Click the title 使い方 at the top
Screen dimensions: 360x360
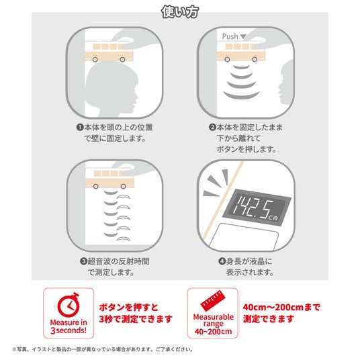[180, 11]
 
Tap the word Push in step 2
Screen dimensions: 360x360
[230, 36]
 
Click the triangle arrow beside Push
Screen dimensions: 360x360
[243, 36]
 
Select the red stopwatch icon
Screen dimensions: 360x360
[69, 305]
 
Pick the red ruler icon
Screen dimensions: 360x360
[213, 300]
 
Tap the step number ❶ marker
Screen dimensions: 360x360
[80, 127]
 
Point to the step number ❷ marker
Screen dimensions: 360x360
[212, 127]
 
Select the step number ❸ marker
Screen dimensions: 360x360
[83, 261]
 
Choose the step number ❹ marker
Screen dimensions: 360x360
[222, 261]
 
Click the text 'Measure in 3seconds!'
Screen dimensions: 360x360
[69, 326]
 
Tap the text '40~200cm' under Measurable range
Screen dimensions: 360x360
[213, 331]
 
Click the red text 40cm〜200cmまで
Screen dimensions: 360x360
[281, 307]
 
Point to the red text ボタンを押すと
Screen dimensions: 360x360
[128, 307]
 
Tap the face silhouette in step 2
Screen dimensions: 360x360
[285, 82]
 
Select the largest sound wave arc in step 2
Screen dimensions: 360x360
[241, 95]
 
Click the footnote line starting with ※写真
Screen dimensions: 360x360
[102, 350]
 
